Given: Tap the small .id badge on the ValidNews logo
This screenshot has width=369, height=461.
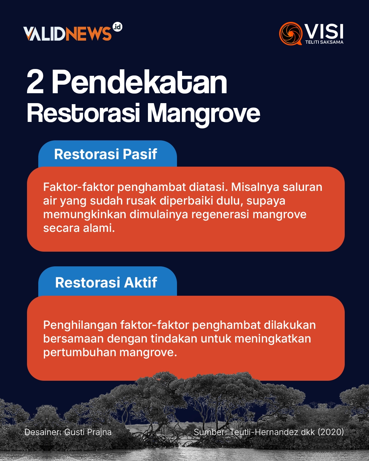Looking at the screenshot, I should pos(117,27).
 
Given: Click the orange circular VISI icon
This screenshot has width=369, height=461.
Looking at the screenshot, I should pos(291,33).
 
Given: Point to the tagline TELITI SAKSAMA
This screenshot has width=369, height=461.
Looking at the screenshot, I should pos(324,42).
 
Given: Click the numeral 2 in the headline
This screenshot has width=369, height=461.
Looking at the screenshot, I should pos(35,82).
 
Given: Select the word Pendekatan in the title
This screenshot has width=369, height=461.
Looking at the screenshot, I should pos(139,82).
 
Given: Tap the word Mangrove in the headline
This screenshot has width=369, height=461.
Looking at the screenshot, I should pos(204,114).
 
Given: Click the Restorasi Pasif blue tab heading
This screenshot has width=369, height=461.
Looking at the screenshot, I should pos(106,154).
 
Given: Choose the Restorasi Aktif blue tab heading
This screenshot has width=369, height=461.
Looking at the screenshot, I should pos(106,283).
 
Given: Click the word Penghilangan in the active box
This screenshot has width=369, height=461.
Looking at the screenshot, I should pos(80,325).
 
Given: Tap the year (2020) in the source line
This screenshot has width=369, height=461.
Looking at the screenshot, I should pos(331,432).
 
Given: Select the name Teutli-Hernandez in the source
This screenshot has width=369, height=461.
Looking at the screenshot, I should pos(264,432).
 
